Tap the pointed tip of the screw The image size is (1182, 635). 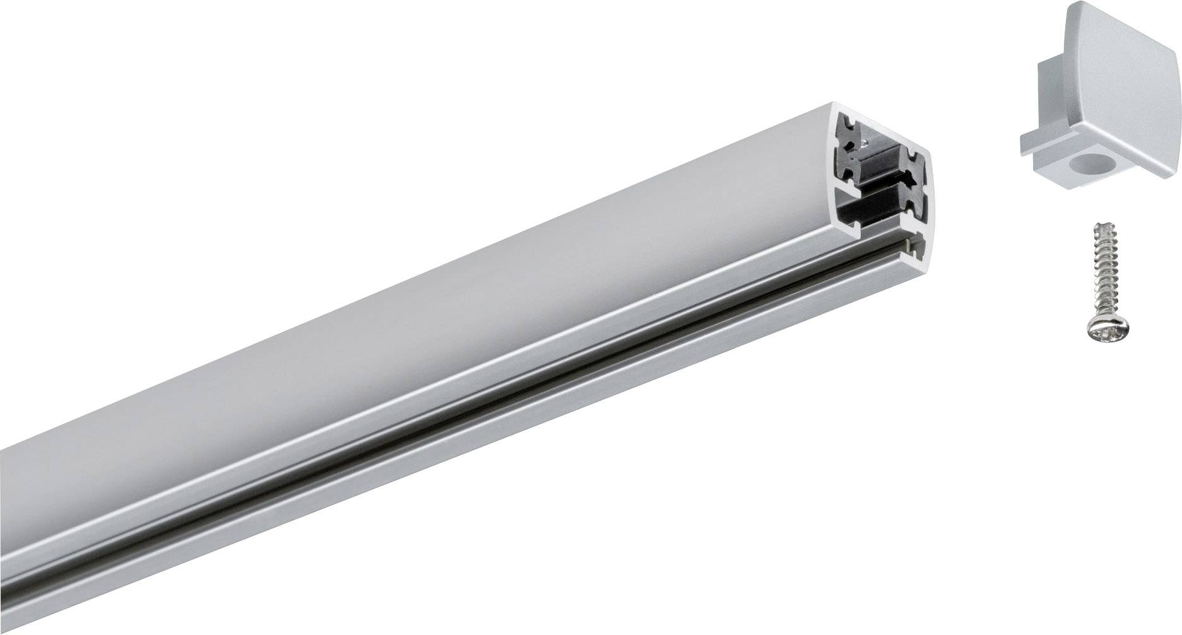1095,225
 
